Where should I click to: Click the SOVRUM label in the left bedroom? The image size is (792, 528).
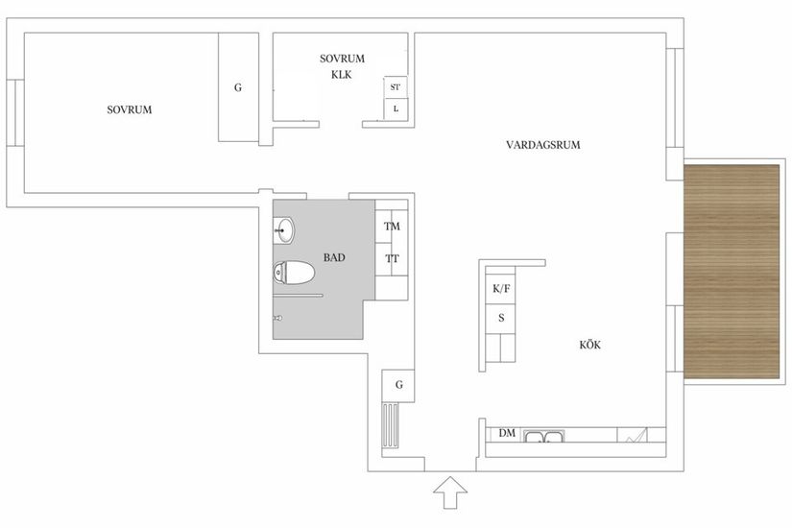click(x=130, y=109)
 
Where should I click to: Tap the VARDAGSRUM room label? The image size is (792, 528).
click(x=544, y=145)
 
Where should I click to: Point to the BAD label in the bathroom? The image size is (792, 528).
click(x=333, y=257)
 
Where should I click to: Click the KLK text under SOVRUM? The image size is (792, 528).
click(x=343, y=73)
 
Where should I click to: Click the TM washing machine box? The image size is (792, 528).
click(x=392, y=227)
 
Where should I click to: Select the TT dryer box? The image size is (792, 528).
click(x=392, y=258)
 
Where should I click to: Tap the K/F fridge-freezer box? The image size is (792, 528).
click(x=501, y=288)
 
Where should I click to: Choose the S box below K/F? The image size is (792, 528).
click(x=501, y=318)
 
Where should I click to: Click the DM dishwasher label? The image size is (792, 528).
click(x=507, y=434)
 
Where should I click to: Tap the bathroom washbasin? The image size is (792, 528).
click(x=285, y=228)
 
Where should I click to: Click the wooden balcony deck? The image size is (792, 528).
click(x=732, y=269)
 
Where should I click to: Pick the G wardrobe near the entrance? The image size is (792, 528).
click(x=397, y=385)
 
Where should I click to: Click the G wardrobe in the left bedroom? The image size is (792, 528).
click(x=237, y=87)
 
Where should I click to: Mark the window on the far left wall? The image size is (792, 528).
click(x=15, y=112)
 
